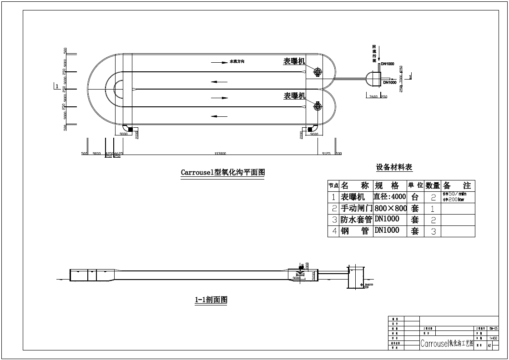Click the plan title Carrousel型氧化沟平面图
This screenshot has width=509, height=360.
pos(222,173)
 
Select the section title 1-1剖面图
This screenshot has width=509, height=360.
pos(211,300)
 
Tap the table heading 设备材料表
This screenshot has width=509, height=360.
pos(394,167)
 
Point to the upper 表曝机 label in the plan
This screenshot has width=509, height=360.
pos(294,61)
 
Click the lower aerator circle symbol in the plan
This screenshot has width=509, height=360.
pos(317,107)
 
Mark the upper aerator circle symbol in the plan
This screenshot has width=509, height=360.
pos(317,72)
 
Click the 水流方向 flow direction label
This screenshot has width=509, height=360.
pos(240,61)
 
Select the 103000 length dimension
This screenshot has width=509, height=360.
pos(220,154)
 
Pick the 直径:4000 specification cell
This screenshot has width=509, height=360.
pos(390,197)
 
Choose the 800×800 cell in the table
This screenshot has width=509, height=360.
pos(391,208)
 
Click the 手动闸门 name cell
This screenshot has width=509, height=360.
pos(356,208)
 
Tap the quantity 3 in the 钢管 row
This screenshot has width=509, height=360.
pos(433,231)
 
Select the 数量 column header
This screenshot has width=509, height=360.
pos(433,185)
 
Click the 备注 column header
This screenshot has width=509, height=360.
pos(458,185)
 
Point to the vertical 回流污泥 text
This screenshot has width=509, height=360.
pos(373,53)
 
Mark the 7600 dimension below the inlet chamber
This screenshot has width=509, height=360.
pos(373,97)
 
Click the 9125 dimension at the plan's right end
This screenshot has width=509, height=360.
pos(326,154)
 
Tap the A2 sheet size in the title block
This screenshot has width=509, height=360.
pos(489,345)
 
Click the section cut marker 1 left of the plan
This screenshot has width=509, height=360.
pos(56,86)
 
